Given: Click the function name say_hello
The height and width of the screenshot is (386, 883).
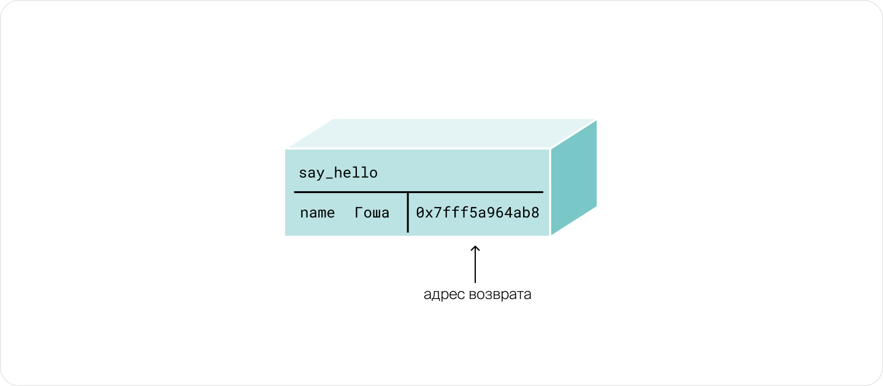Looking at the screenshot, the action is (338, 173).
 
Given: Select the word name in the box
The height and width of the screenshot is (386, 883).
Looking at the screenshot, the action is (318, 213).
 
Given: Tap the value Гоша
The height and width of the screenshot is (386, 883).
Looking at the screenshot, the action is (372, 213).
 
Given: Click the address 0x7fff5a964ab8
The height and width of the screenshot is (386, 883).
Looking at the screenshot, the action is (477, 213).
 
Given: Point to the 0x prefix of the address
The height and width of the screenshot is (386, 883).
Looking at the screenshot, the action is (425, 213).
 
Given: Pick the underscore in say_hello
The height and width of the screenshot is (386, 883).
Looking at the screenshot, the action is (329, 180).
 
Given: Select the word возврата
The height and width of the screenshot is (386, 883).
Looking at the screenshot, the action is (500, 295).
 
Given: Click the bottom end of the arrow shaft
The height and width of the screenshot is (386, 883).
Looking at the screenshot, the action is (475, 282).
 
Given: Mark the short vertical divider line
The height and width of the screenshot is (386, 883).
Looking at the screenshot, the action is (408, 212).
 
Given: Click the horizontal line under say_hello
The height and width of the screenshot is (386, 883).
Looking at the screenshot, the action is (419, 192).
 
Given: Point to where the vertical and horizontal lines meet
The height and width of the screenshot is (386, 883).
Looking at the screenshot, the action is (408, 192).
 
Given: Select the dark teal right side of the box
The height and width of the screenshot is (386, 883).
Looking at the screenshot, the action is (573, 177).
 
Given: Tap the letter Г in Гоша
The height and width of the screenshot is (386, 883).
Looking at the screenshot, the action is (359, 213).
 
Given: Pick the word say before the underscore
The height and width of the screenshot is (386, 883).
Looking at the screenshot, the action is (312, 174).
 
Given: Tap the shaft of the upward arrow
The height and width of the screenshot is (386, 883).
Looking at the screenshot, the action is (475, 264).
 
